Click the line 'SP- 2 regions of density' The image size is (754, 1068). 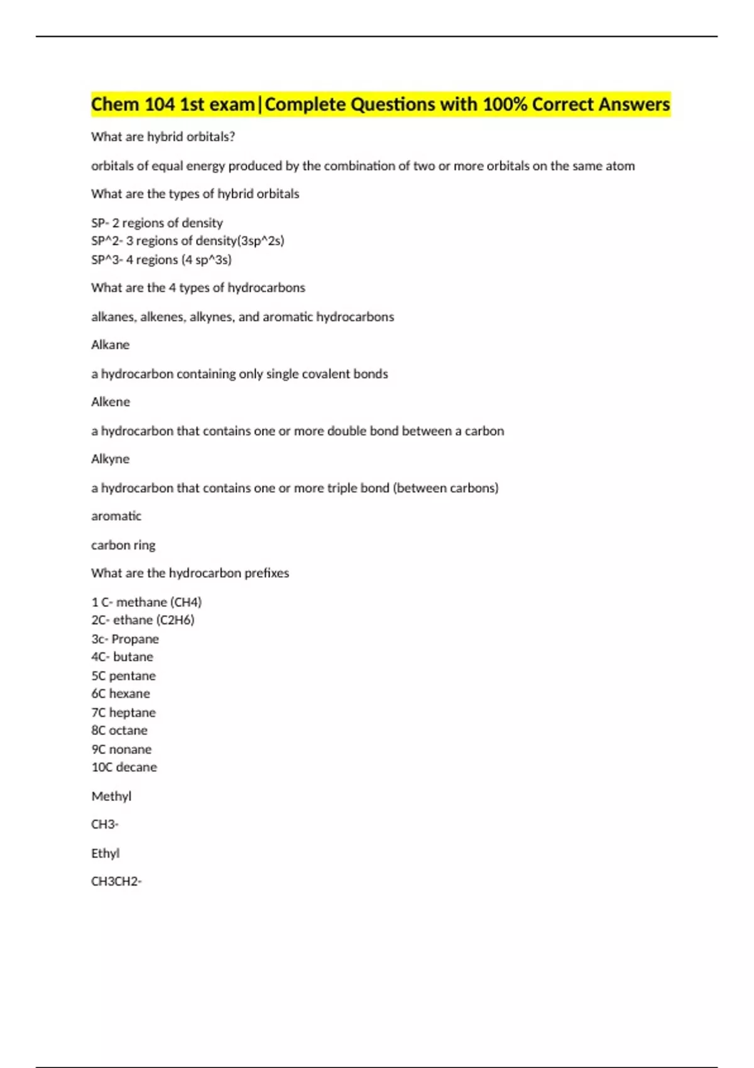[157, 223]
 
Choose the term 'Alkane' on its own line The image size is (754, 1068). [111, 345]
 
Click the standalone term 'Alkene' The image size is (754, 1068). [111, 402]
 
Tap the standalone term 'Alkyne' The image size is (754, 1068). [111, 459]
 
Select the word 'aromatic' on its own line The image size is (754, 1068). [116, 516]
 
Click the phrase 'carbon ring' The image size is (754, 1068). [123, 545]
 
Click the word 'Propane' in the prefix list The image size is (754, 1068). [135, 639]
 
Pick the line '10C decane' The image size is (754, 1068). [124, 767]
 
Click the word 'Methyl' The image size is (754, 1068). [111, 797]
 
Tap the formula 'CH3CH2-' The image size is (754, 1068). [116, 881]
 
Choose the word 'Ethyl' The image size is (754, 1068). [106, 854]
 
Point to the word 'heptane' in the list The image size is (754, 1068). [132, 712]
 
